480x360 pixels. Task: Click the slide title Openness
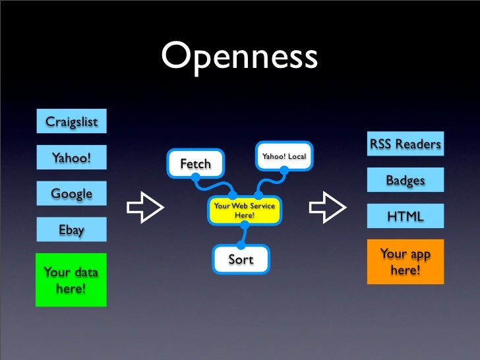pos(239,57)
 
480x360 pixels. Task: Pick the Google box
pos(71,194)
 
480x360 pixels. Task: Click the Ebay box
pos(71,230)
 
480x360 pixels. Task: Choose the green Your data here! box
pos(71,280)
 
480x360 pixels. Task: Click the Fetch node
pos(195,164)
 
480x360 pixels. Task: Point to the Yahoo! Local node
pos(284,156)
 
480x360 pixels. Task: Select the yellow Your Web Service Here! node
pos(245,210)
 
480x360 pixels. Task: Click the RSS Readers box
pos(405,144)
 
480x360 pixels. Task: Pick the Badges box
pos(405,180)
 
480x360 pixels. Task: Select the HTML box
pos(405,216)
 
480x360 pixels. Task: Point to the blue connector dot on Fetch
pos(196,177)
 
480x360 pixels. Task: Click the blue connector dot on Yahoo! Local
pos(284,169)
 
